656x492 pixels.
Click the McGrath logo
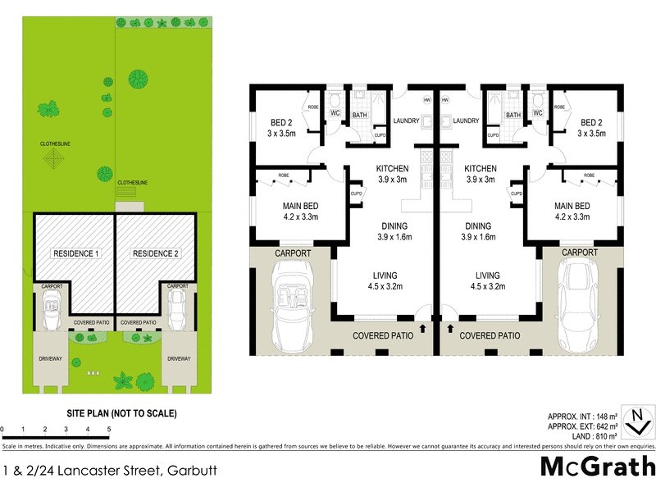click(x=598, y=467)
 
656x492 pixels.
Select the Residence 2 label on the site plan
click(x=156, y=253)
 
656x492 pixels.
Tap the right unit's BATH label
click(x=513, y=115)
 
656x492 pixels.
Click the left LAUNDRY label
click(x=407, y=121)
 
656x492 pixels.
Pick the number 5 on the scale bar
click(x=109, y=429)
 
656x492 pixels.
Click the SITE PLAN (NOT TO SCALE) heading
click(x=121, y=414)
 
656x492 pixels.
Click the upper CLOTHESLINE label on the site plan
click(x=56, y=143)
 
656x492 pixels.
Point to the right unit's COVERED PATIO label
click(x=490, y=335)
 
